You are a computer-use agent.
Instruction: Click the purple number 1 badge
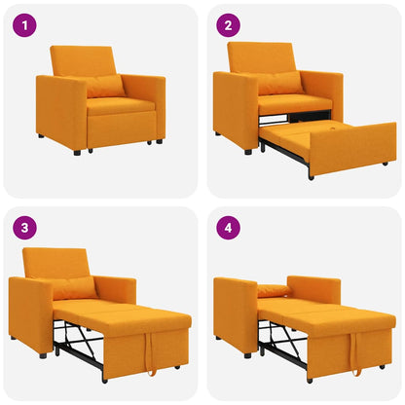[x=24, y=26]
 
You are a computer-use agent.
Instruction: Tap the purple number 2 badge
[x=229, y=26]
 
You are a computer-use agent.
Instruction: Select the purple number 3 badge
[x=24, y=229]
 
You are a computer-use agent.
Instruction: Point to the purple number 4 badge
[x=229, y=229]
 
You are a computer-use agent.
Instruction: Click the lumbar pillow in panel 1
[x=105, y=87]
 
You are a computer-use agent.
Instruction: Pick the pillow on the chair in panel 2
[x=280, y=84]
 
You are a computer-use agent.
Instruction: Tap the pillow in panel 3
[x=75, y=288]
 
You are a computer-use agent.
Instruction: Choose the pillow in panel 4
[x=274, y=290]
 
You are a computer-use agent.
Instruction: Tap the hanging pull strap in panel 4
[x=354, y=355]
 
